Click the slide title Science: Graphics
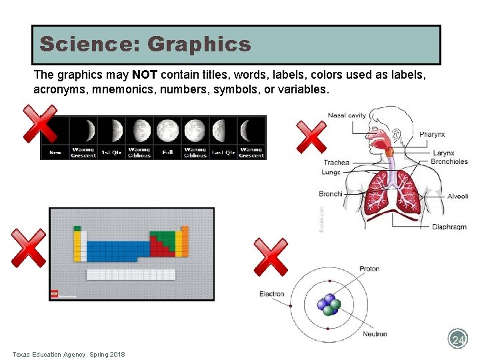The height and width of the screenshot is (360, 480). [145, 45]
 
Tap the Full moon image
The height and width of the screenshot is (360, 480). [167, 130]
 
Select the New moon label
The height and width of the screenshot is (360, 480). [55, 153]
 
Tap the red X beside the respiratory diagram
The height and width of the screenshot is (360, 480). [311, 137]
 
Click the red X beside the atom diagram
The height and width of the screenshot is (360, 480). [271, 257]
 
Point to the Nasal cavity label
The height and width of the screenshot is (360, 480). [347, 115]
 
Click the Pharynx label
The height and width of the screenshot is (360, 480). [432, 135]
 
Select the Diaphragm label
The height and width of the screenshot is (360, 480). [449, 227]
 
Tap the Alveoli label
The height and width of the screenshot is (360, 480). [457, 196]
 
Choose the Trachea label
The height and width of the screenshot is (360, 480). [336, 162]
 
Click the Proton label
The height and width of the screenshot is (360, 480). [369, 269]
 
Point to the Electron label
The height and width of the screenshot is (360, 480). [271, 293]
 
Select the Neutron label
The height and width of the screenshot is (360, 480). [375, 334]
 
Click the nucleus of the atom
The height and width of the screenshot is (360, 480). [329, 305]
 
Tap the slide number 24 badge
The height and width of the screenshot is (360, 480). [458, 340]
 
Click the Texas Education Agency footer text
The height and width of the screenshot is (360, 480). [68, 354]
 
